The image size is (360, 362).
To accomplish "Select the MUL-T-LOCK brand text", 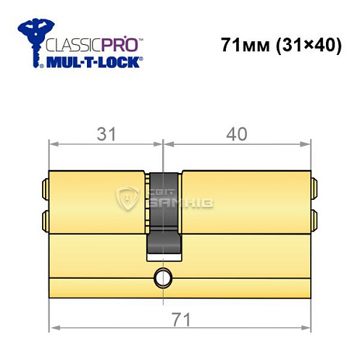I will click(93, 63).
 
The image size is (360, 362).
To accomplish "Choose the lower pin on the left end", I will click(46, 217).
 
